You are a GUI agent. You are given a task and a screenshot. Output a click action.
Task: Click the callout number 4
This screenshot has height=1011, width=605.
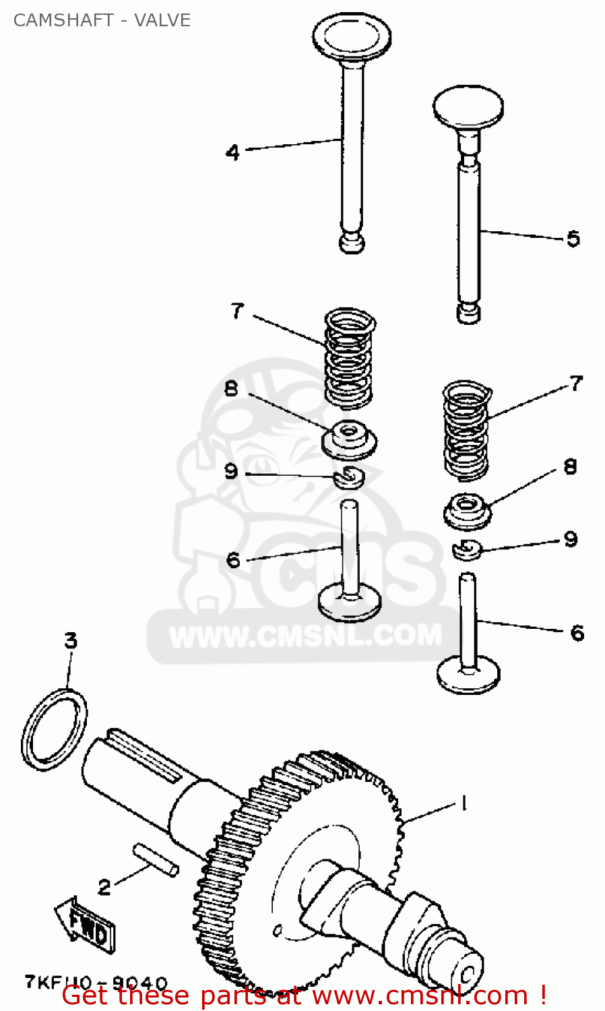(232, 152)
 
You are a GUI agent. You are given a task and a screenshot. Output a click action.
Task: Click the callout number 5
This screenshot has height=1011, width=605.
(573, 239)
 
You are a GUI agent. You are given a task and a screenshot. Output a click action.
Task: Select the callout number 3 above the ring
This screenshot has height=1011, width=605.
(71, 640)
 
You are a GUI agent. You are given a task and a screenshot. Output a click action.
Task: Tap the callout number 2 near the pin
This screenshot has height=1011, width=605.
(104, 887)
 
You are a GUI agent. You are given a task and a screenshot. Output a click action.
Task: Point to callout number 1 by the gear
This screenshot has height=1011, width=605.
(464, 803)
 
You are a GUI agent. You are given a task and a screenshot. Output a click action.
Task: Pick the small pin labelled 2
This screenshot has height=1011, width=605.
(156, 860)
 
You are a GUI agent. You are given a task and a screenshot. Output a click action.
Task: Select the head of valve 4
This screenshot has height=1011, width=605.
(352, 37)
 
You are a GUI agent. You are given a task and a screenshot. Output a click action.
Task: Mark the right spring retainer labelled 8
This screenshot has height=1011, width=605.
(467, 511)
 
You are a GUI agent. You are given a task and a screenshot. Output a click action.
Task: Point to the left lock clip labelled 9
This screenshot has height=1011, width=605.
(349, 477)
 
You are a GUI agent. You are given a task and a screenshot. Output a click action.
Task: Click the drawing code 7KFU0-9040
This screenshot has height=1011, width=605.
(96, 983)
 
